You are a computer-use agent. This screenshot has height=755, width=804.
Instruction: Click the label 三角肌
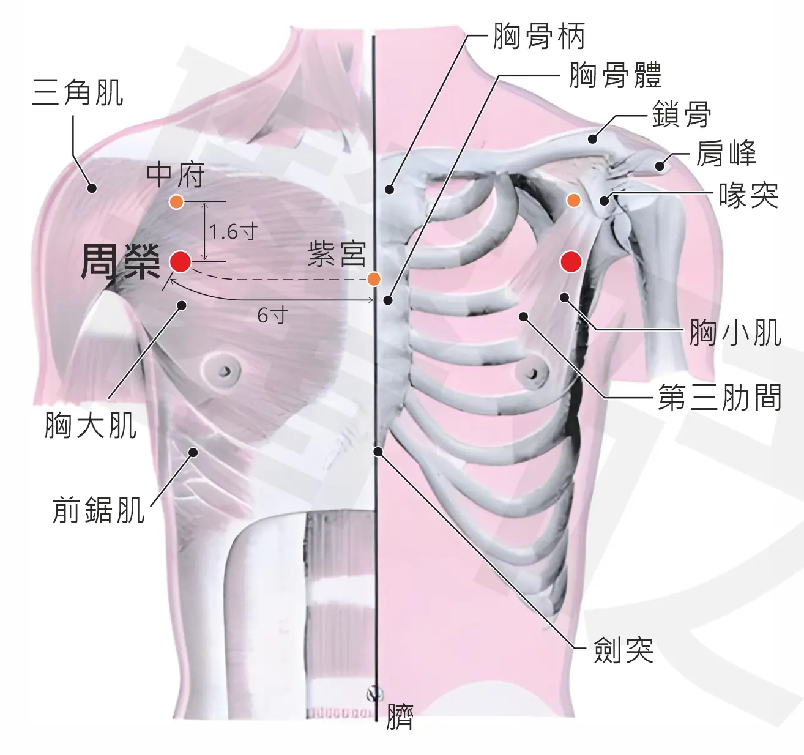click(x=78, y=92)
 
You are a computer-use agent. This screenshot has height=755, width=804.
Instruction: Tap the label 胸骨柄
click(x=539, y=36)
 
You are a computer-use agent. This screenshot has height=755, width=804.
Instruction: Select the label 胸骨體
click(x=616, y=75)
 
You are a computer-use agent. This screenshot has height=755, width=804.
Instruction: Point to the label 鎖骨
click(x=682, y=114)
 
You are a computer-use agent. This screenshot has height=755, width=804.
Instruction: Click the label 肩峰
click(x=726, y=154)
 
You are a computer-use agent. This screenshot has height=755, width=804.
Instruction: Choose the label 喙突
click(x=748, y=196)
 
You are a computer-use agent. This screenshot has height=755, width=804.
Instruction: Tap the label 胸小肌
click(x=735, y=333)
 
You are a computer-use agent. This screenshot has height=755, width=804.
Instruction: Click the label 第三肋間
click(x=720, y=397)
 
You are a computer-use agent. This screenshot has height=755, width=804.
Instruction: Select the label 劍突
click(x=623, y=650)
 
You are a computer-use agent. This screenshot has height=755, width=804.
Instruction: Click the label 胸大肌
click(x=91, y=425)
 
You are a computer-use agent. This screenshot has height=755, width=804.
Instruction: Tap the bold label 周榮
click(x=121, y=262)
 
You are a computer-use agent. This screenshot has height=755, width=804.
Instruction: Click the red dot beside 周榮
click(x=180, y=262)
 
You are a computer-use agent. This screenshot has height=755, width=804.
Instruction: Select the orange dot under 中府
click(x=177, y=202)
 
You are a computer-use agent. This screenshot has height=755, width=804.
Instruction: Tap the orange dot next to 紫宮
click(x=374, y=279)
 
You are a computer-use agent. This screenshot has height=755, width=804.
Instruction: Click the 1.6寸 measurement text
click(x=233, y=231)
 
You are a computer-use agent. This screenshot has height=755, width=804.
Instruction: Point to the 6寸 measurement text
click(x=272, y=314)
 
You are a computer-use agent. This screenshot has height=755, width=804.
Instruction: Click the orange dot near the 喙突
click(x=574, y=200)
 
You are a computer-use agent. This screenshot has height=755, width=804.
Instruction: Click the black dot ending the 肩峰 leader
click(x=660, y=166)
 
